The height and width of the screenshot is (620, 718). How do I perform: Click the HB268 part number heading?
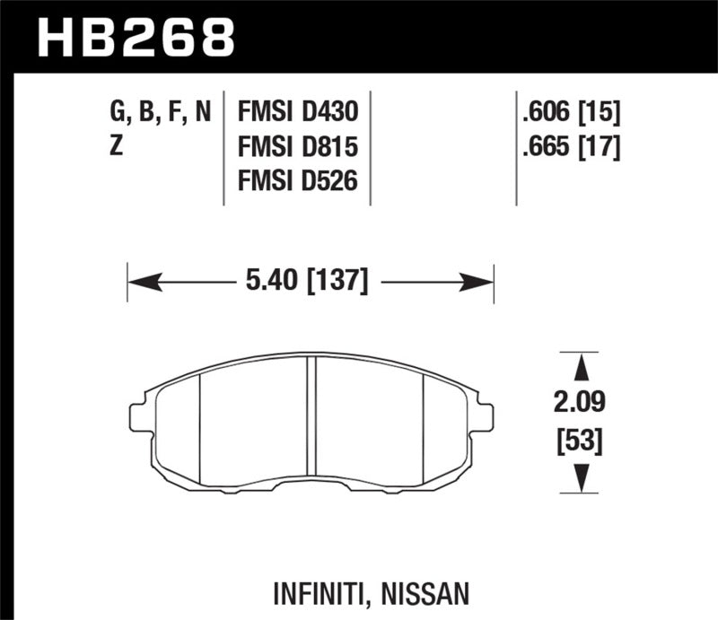pos(136,39)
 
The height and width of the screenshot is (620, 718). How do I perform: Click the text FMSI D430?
pos(297,113)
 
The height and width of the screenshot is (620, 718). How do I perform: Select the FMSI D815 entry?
pos(297,147)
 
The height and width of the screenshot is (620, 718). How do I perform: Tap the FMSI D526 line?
pos(297,181)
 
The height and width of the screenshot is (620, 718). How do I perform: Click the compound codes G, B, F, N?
pos(160,113)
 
